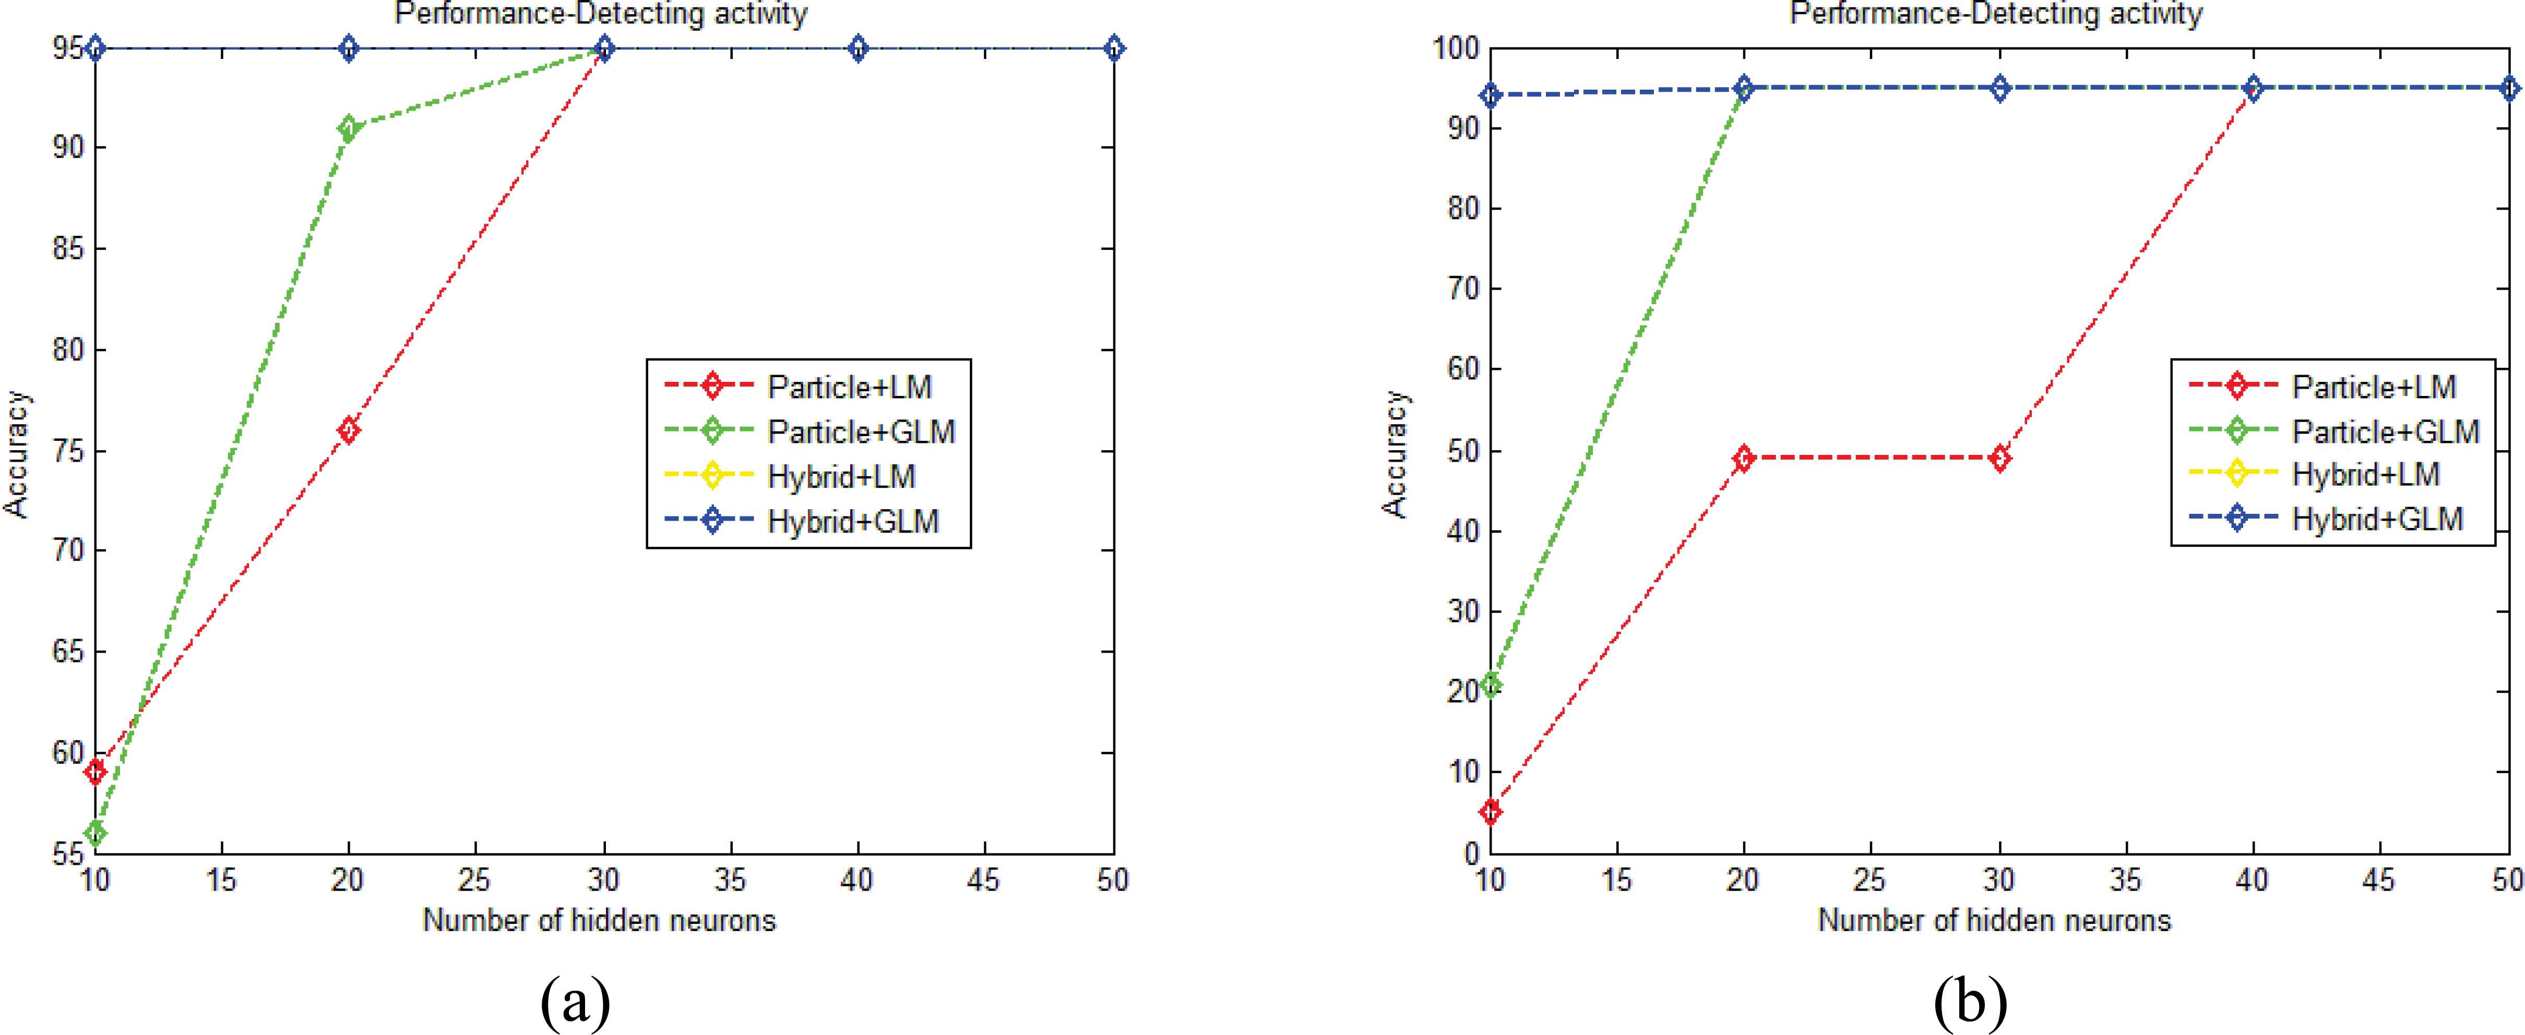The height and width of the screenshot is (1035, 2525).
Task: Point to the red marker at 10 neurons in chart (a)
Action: tap(95, 772)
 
